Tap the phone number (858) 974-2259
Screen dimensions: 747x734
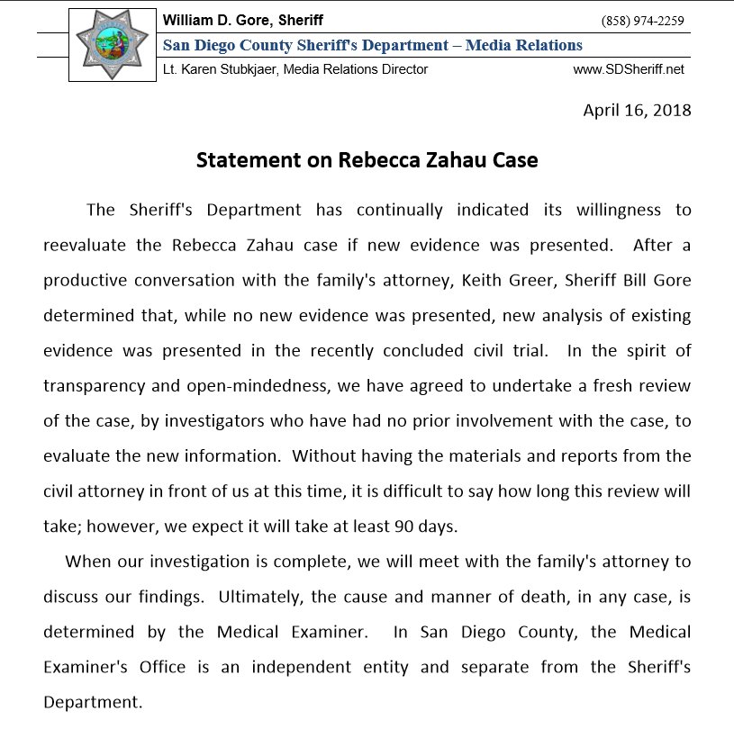click(x=642, y=21)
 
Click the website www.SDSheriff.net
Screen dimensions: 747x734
click(x=629, y=69)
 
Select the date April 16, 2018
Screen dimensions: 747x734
click(x=638, y=111)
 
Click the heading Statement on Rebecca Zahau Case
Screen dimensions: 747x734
click(x=367, y=160)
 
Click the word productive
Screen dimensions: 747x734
click(x=89, y=280)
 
